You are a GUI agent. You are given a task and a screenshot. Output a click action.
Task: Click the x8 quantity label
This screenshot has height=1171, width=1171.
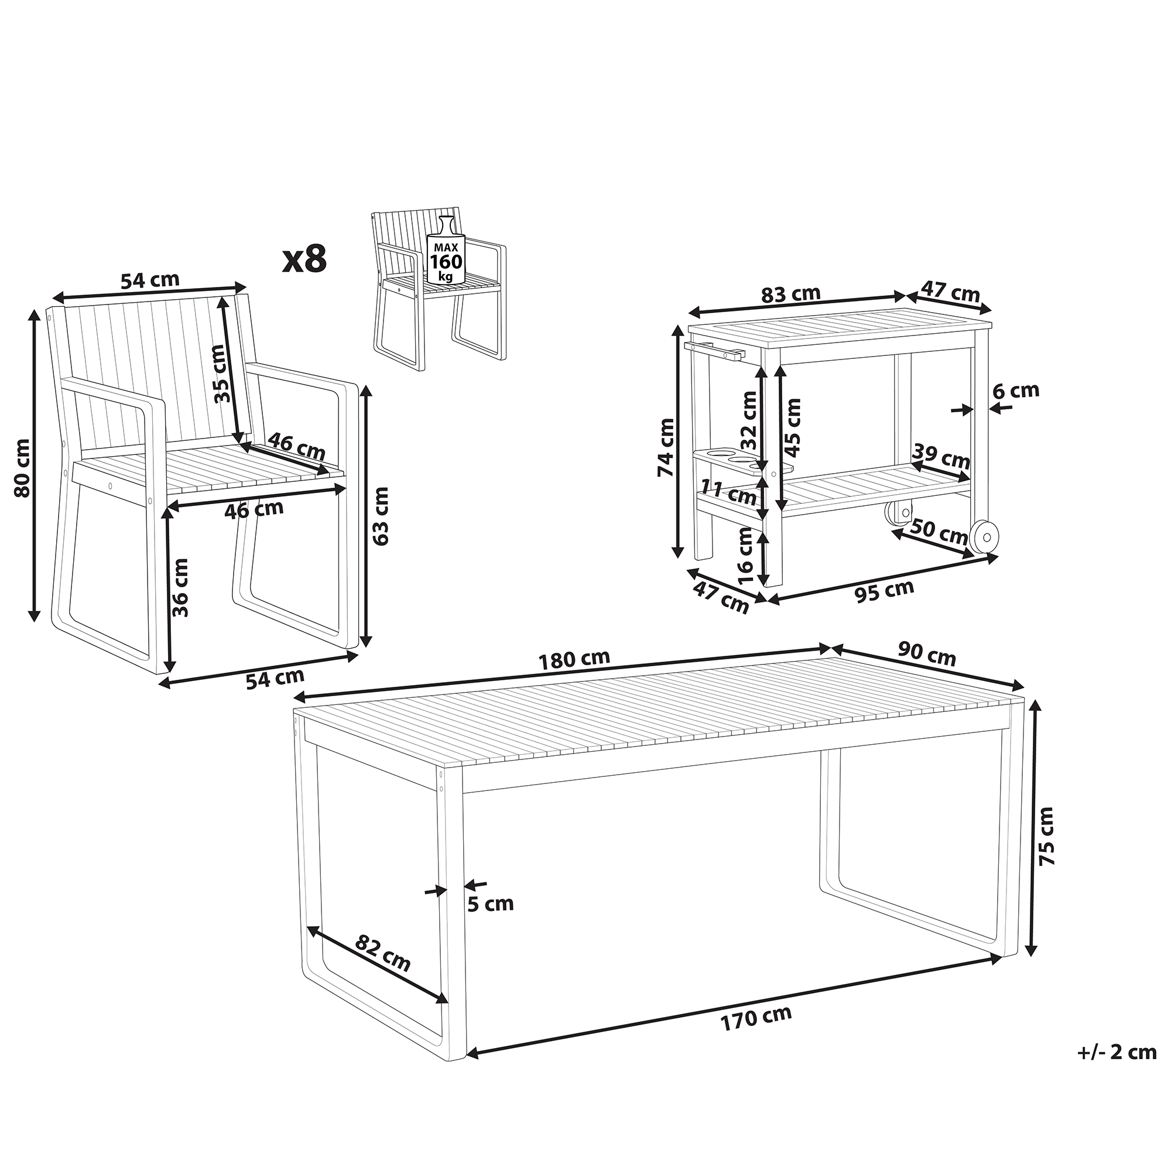point(305,259)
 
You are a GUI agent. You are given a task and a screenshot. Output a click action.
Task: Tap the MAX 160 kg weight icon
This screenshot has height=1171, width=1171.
point(446,251)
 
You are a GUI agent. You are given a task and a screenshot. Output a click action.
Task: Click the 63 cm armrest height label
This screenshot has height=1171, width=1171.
point(380,515)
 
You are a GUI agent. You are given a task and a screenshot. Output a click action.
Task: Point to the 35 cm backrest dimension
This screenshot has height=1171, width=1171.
point(222,374)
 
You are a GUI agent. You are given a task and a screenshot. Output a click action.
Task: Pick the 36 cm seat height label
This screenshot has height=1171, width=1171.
point(180,588)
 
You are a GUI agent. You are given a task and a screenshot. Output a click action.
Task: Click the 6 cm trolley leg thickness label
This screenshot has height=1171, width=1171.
point(1016,390)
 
